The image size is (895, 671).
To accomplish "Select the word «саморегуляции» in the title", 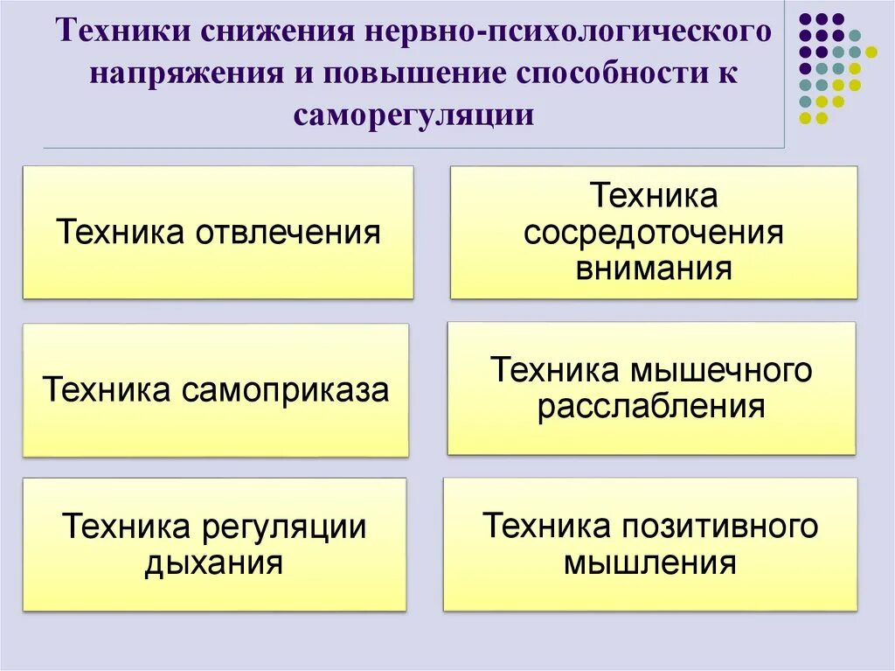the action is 413,114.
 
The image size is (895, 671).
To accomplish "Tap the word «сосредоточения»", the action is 653,233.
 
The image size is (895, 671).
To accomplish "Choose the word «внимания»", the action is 653,268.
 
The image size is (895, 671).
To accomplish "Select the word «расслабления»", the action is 651,406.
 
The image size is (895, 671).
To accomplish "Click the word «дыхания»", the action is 213,562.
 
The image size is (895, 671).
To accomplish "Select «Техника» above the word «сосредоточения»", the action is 653,196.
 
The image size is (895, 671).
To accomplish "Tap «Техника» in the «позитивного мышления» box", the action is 547,526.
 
